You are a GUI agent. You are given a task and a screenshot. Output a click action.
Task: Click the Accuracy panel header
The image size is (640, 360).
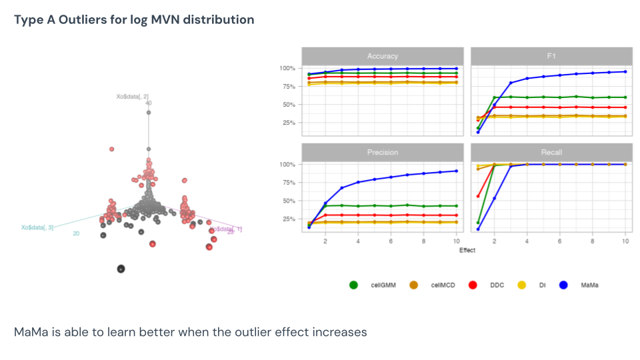pos(382,56)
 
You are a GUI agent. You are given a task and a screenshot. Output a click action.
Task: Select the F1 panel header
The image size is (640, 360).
pos(551,56)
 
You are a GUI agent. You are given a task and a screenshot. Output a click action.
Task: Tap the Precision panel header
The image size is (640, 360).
pos(382,152)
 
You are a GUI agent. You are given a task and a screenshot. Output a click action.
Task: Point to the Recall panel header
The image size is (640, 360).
pos(551,152)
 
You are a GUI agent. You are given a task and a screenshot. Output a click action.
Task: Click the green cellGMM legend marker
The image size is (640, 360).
pos(353,285)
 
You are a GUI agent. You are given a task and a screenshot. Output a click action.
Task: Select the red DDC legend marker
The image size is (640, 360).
pos(473,285)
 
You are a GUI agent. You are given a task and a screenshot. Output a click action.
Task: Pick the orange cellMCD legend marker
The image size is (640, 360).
pos(413,285)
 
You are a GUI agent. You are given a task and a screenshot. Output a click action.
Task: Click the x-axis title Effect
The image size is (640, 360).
pos(467,251)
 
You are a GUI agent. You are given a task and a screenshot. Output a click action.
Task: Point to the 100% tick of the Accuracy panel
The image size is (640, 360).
pos(287,68)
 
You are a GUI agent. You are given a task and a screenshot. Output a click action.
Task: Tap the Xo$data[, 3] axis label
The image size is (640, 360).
pos(37,227)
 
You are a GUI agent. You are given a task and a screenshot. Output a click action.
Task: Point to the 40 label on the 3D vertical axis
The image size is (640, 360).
pos(148,103)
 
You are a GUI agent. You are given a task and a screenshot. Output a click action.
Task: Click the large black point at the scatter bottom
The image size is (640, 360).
pos(121,269)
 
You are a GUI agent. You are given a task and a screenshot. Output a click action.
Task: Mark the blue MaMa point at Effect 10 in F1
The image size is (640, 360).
pos(625,71)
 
